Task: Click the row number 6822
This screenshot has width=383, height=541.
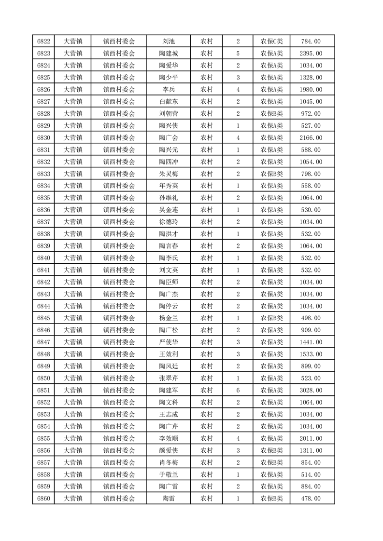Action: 44,41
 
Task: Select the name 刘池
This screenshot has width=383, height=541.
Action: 169,41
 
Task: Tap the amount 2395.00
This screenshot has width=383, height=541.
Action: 311,54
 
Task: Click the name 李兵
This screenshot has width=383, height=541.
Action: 169,90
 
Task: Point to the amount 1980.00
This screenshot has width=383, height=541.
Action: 311,90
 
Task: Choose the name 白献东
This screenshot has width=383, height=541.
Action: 169,102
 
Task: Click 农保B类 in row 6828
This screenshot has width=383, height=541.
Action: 271,114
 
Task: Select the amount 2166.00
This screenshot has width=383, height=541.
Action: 311,138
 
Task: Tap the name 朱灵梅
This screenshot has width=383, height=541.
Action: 169,174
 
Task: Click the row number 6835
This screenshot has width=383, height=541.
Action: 44,198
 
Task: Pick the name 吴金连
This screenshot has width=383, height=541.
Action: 169,210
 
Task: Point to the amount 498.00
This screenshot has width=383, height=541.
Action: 311,318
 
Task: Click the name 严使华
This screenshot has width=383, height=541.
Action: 169,342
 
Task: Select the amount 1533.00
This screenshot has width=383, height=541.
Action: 311,354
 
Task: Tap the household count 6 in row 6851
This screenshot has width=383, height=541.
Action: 238,390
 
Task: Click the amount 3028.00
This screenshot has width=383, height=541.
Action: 311,390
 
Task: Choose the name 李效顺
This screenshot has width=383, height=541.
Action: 169,438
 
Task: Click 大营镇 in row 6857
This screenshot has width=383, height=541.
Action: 73,462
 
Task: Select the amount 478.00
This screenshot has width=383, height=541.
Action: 311,499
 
